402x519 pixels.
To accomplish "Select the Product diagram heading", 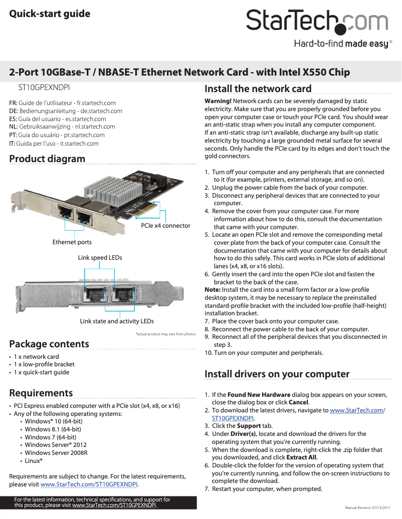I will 48,159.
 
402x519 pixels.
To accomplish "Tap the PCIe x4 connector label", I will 165,226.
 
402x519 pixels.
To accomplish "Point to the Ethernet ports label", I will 72,242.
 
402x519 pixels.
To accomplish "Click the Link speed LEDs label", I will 100,258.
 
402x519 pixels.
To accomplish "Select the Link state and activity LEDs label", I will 117,321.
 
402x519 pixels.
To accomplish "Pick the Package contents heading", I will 49,344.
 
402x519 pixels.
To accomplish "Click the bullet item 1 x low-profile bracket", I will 44,364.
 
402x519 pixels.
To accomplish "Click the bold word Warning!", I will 218,101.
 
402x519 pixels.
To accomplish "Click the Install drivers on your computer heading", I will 277,374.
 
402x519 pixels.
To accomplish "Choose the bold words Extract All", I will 301,457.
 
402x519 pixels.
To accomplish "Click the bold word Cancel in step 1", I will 298,402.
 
